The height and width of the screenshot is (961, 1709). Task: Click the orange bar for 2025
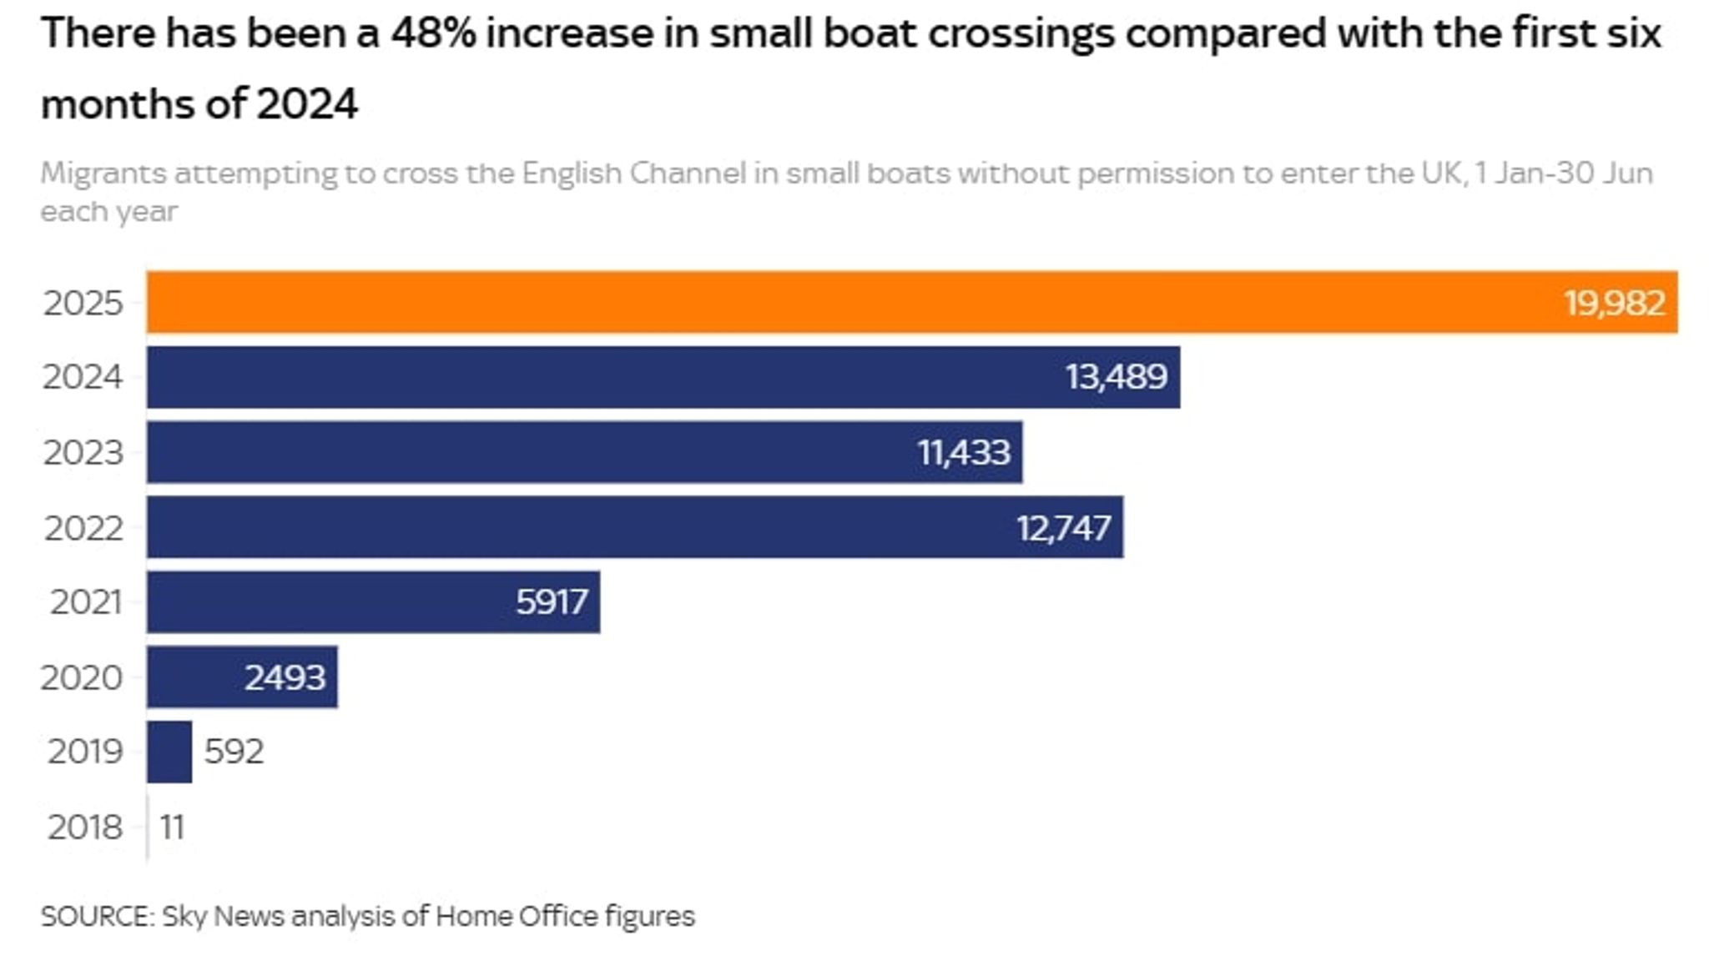[834, 302]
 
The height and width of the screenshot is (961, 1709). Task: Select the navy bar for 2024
[584, 377]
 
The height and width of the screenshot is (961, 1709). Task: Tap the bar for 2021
[334, 601]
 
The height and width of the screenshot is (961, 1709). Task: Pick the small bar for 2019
[169, 752]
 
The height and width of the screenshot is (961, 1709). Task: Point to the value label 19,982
[1614, 303]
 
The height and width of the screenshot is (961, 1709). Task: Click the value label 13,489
[1116, 377]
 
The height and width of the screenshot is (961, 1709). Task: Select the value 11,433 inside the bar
[964, 452]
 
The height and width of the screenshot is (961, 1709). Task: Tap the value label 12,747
[1063, 527]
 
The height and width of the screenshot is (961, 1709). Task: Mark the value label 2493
[285, 677]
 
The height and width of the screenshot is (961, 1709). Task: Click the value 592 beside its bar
[234, 752]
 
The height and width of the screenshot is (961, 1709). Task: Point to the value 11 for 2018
[172, 827]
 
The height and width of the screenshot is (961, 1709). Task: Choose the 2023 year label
[83, 452]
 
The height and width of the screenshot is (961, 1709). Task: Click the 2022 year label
[83, 527]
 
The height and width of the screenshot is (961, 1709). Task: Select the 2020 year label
[81, 677]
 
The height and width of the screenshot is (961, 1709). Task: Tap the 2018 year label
[84, 827]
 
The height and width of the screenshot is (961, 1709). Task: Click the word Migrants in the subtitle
[103, 174]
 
